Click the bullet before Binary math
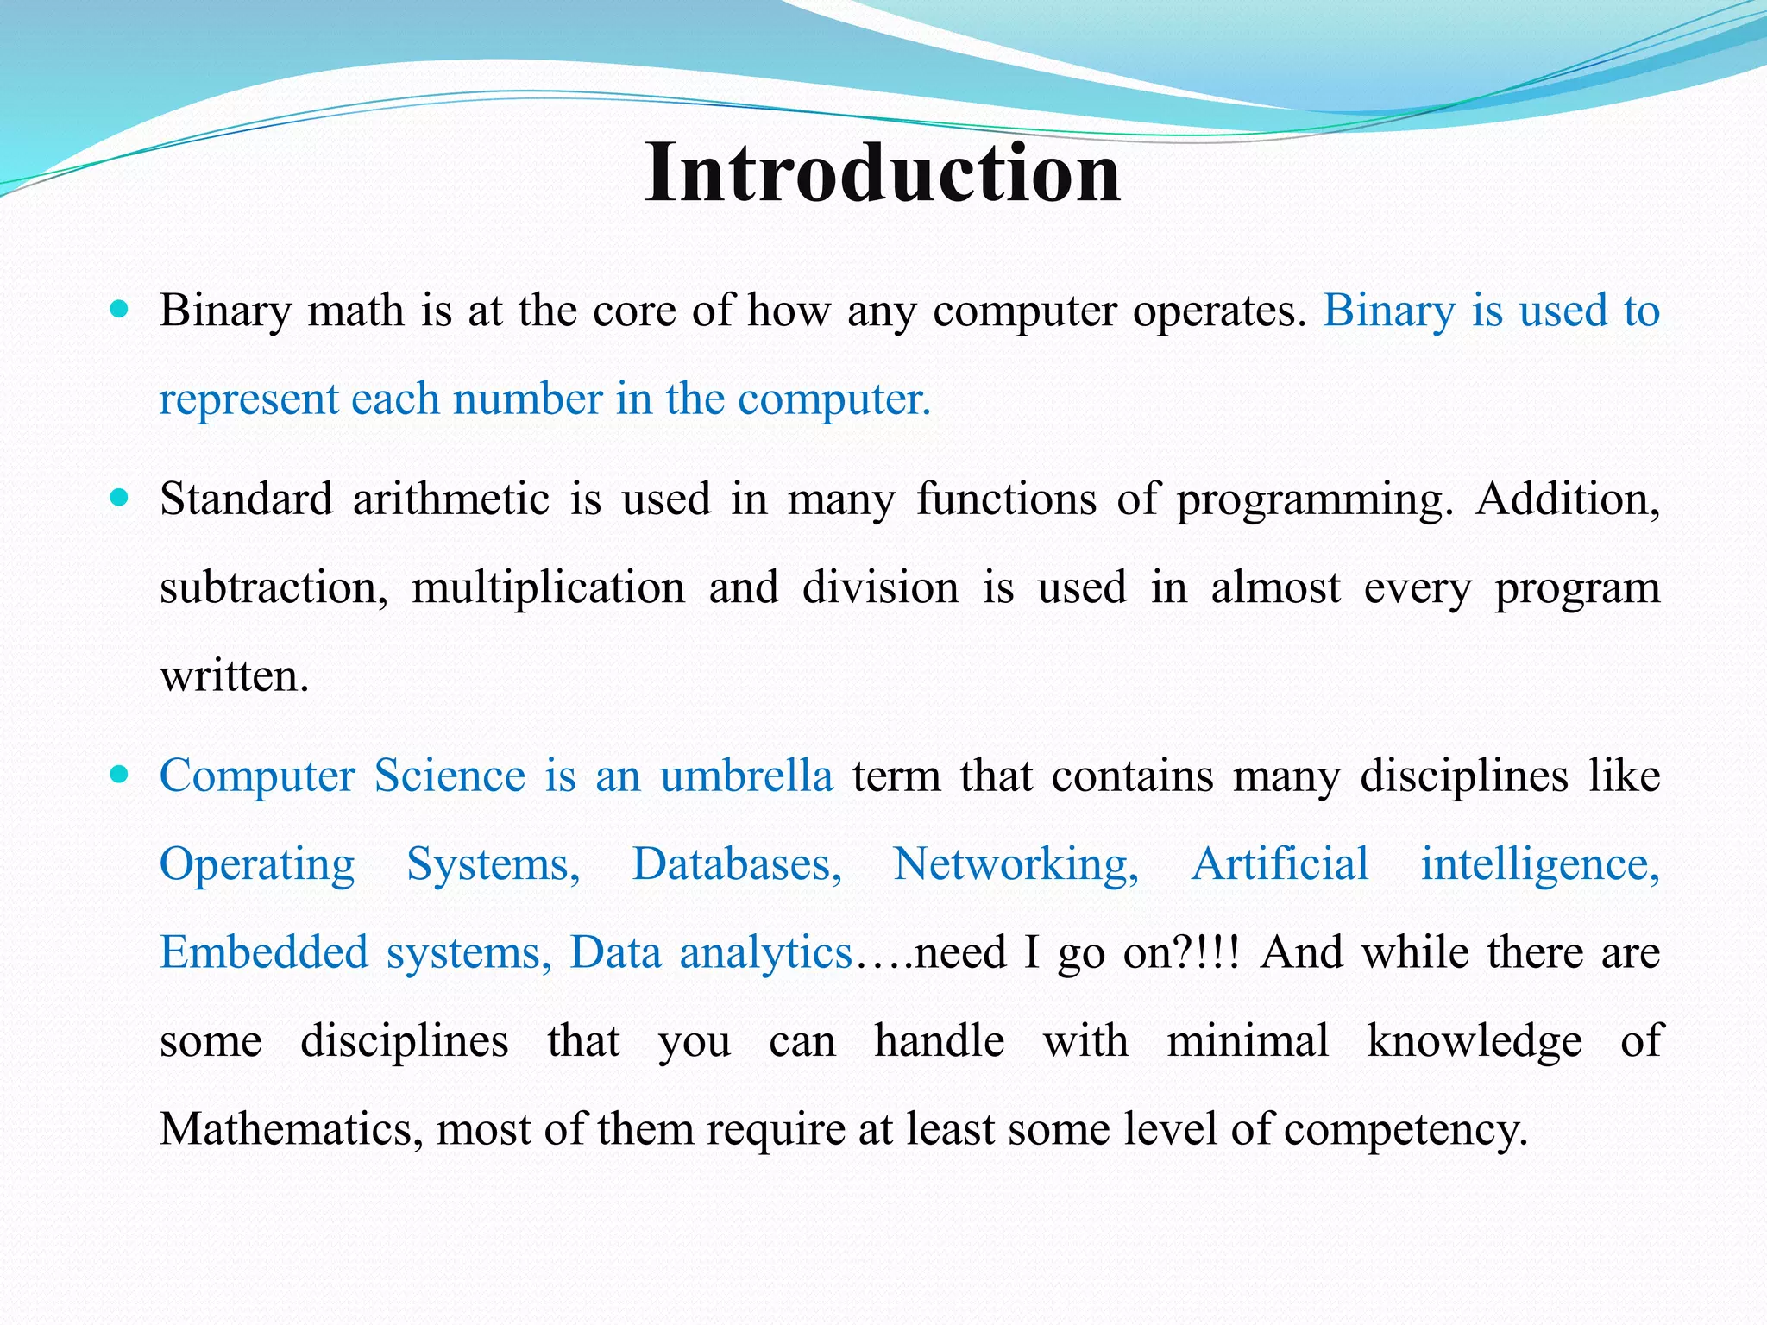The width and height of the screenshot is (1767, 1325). pos(120,309)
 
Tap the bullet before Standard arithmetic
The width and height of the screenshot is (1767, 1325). pos(120,498)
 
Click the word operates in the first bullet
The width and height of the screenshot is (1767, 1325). pos(1219,311)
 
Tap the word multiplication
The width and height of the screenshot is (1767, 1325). pos(548,588)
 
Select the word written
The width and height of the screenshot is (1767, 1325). pos(234,676)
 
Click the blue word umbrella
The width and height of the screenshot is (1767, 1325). pos(746,776)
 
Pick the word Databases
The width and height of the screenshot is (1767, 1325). pos(737,864)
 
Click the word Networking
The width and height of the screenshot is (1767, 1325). pos(1016,864)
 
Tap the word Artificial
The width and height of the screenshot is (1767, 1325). pos(1280,864)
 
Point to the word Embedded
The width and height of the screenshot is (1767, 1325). pos(264,953)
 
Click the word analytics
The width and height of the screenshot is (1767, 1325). pos(766,953)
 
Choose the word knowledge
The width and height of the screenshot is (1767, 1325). pos(1475,1041)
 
